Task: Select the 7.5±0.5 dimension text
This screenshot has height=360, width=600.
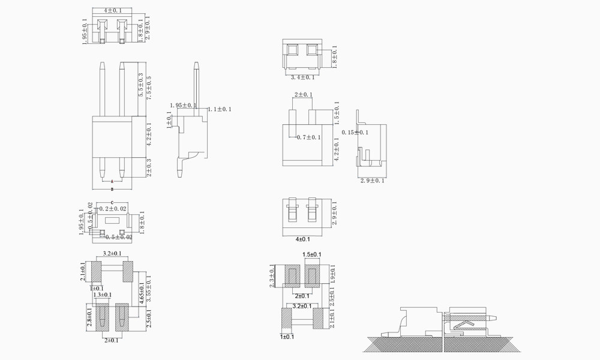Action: click(x=149, y=88)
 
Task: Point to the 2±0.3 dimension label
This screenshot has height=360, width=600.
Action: click(x=149, y=167)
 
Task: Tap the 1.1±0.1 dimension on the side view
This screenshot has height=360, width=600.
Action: click(x=220, y=109)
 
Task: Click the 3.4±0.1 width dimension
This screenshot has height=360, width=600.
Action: click(x=303, y=77)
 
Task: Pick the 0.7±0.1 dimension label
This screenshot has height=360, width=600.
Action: click(x=309, y=137)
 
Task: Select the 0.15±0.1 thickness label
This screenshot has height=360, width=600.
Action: click(x=355, y=133)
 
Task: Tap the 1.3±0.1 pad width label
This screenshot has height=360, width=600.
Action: click(x=102, y=295)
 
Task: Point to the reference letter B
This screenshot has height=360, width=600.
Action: click(x=112, y=190)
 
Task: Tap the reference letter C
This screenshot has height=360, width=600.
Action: click(x=112, y=200)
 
